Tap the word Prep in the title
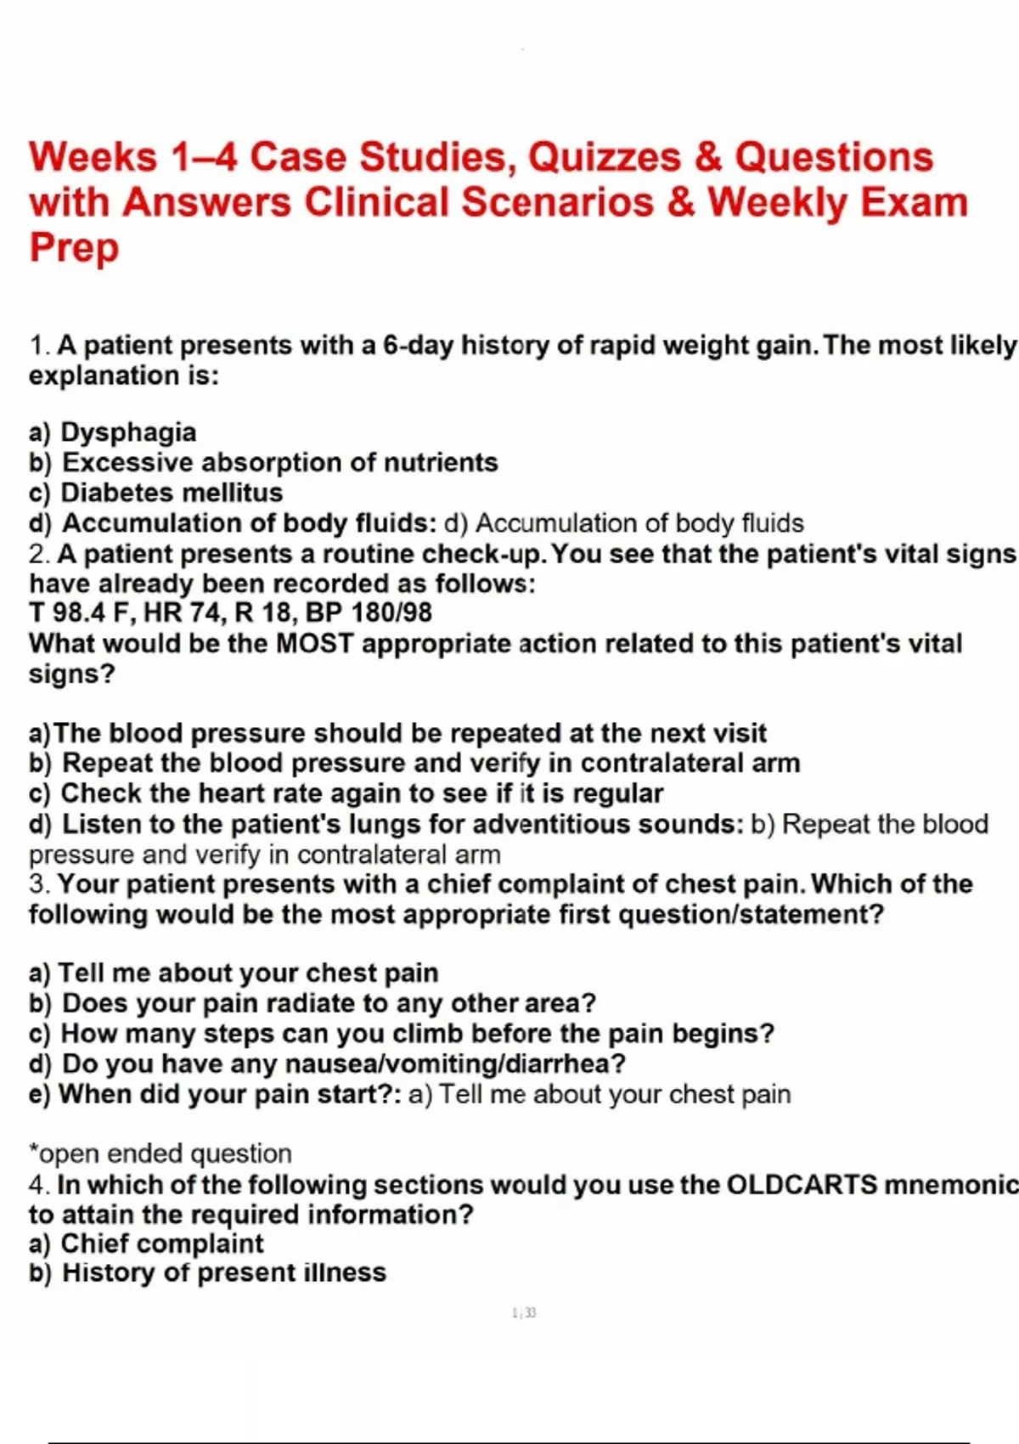[x=74, y=248]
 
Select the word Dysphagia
[x=128, y=432]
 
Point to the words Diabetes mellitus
[x=172, y=493]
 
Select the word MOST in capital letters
[x=314, y=644]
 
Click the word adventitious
[x=550, y=824]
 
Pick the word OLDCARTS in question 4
[x=802, y=1185]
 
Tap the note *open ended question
[x=160, y=1154]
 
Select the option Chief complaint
[x=161, y=1244]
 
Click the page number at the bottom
[x=524, y=1313]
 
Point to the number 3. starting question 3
[x=39, y=884]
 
